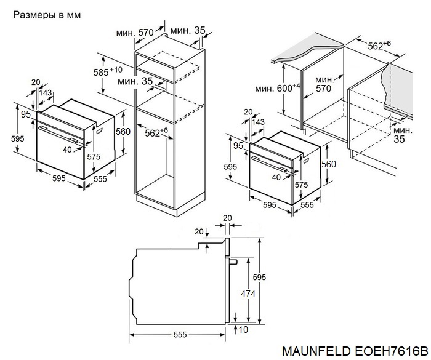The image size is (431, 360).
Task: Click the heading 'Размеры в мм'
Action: [x=47, y=14]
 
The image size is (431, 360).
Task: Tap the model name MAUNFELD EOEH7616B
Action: [x=355, y=351]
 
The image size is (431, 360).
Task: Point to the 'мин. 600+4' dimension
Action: [x=278, y=88]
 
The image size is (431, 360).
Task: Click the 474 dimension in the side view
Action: [x=248, y=295]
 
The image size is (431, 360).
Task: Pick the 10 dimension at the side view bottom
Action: [x=245, y=330]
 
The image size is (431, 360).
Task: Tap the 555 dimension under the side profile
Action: [x=179, y=335]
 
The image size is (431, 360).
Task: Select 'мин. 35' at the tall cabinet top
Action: [x=188, y=30]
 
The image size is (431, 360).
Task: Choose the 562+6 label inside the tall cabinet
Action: [x=156, y=132]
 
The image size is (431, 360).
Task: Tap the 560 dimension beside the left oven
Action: [x=123, y=130]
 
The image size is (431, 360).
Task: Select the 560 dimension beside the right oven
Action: [x=329, y=164]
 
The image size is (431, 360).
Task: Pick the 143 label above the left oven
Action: [x=45, y=93]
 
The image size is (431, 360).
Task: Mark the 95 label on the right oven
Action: [x=238, y=146]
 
